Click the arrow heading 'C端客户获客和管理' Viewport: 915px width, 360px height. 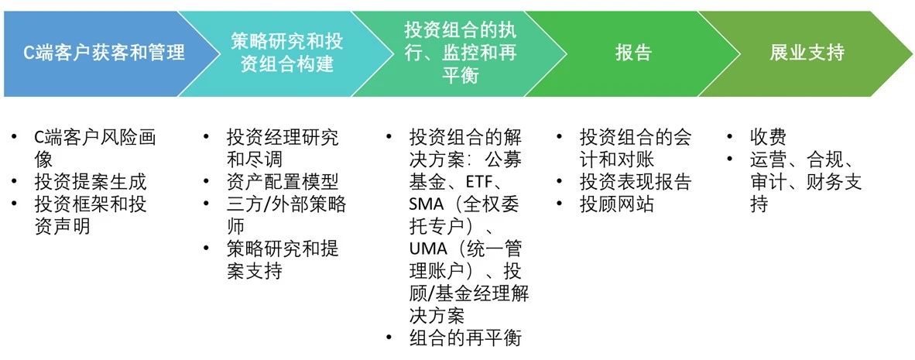[103, 53]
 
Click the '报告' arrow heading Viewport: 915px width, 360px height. [632, 53]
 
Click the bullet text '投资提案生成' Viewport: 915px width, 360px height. [91, 183]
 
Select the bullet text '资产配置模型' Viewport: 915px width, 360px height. [283, 183]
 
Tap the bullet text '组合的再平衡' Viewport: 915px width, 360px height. [465, 338]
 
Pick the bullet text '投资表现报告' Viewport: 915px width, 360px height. [635, 183]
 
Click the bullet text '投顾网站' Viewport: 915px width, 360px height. [616, 205]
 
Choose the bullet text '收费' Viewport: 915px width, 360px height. [768, 138]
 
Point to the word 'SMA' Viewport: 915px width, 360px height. [427, 205]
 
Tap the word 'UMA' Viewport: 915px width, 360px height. [428, 250]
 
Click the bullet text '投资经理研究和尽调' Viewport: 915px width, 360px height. [283, 149]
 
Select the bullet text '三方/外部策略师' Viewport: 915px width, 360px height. [286, 215]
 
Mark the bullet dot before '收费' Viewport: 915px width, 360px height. [730, 138]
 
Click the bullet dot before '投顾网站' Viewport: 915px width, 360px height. [560, 205]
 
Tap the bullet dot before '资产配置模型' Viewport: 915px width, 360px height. [206, 183]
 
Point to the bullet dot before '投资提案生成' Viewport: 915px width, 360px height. [15, 183]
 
